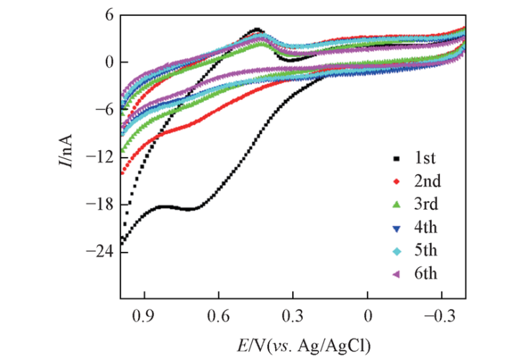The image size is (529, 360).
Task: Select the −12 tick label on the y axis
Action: [x=99, y=157]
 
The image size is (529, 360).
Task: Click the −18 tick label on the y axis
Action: [x=99, y=204]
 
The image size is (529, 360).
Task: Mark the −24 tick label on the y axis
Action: [x=99, y=252]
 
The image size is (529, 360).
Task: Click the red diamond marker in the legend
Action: [x=394, y=181]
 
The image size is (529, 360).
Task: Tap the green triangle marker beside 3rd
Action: [x=394, y=204]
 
